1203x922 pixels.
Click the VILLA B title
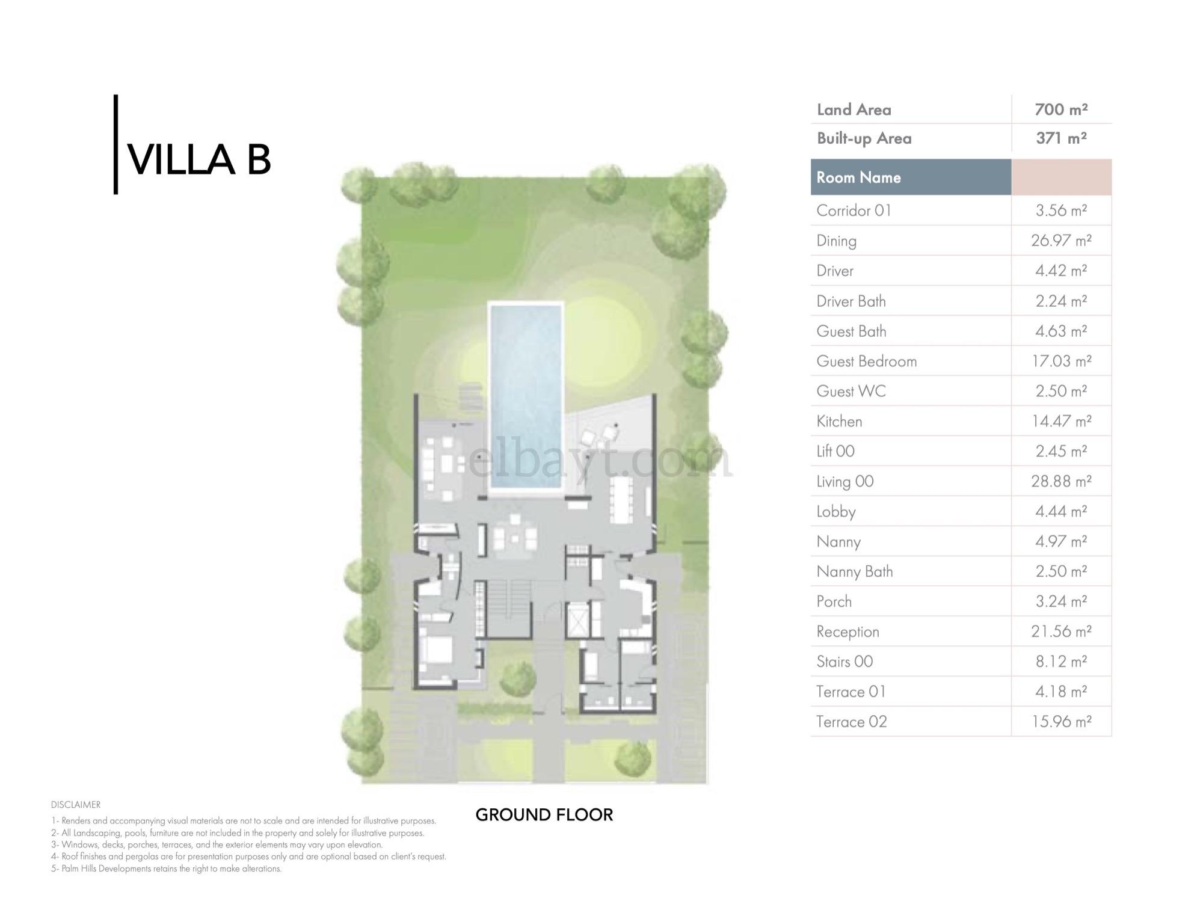(200, 160)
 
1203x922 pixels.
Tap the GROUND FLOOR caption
(544, 815)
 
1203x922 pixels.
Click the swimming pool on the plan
(526, 397)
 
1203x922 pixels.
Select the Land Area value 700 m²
(1061, 109)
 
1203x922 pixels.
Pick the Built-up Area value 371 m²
(1061, 138)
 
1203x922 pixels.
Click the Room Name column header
(858, 177)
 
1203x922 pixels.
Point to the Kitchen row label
(839, 421)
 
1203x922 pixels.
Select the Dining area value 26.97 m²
(1061, 241)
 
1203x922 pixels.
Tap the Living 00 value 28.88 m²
(1061, 481)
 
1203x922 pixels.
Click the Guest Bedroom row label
(867, 361)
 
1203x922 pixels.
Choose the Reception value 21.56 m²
(1061, 632)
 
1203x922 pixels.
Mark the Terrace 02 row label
(852, 722)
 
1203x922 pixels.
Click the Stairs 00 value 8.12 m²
(1061, 662)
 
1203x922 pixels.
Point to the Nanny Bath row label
(855, 571)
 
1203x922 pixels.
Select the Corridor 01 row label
(854, 211)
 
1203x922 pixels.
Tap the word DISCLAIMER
(76, 805)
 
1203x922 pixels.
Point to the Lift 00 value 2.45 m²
(1061, 451)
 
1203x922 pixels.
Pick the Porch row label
(834, 601)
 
